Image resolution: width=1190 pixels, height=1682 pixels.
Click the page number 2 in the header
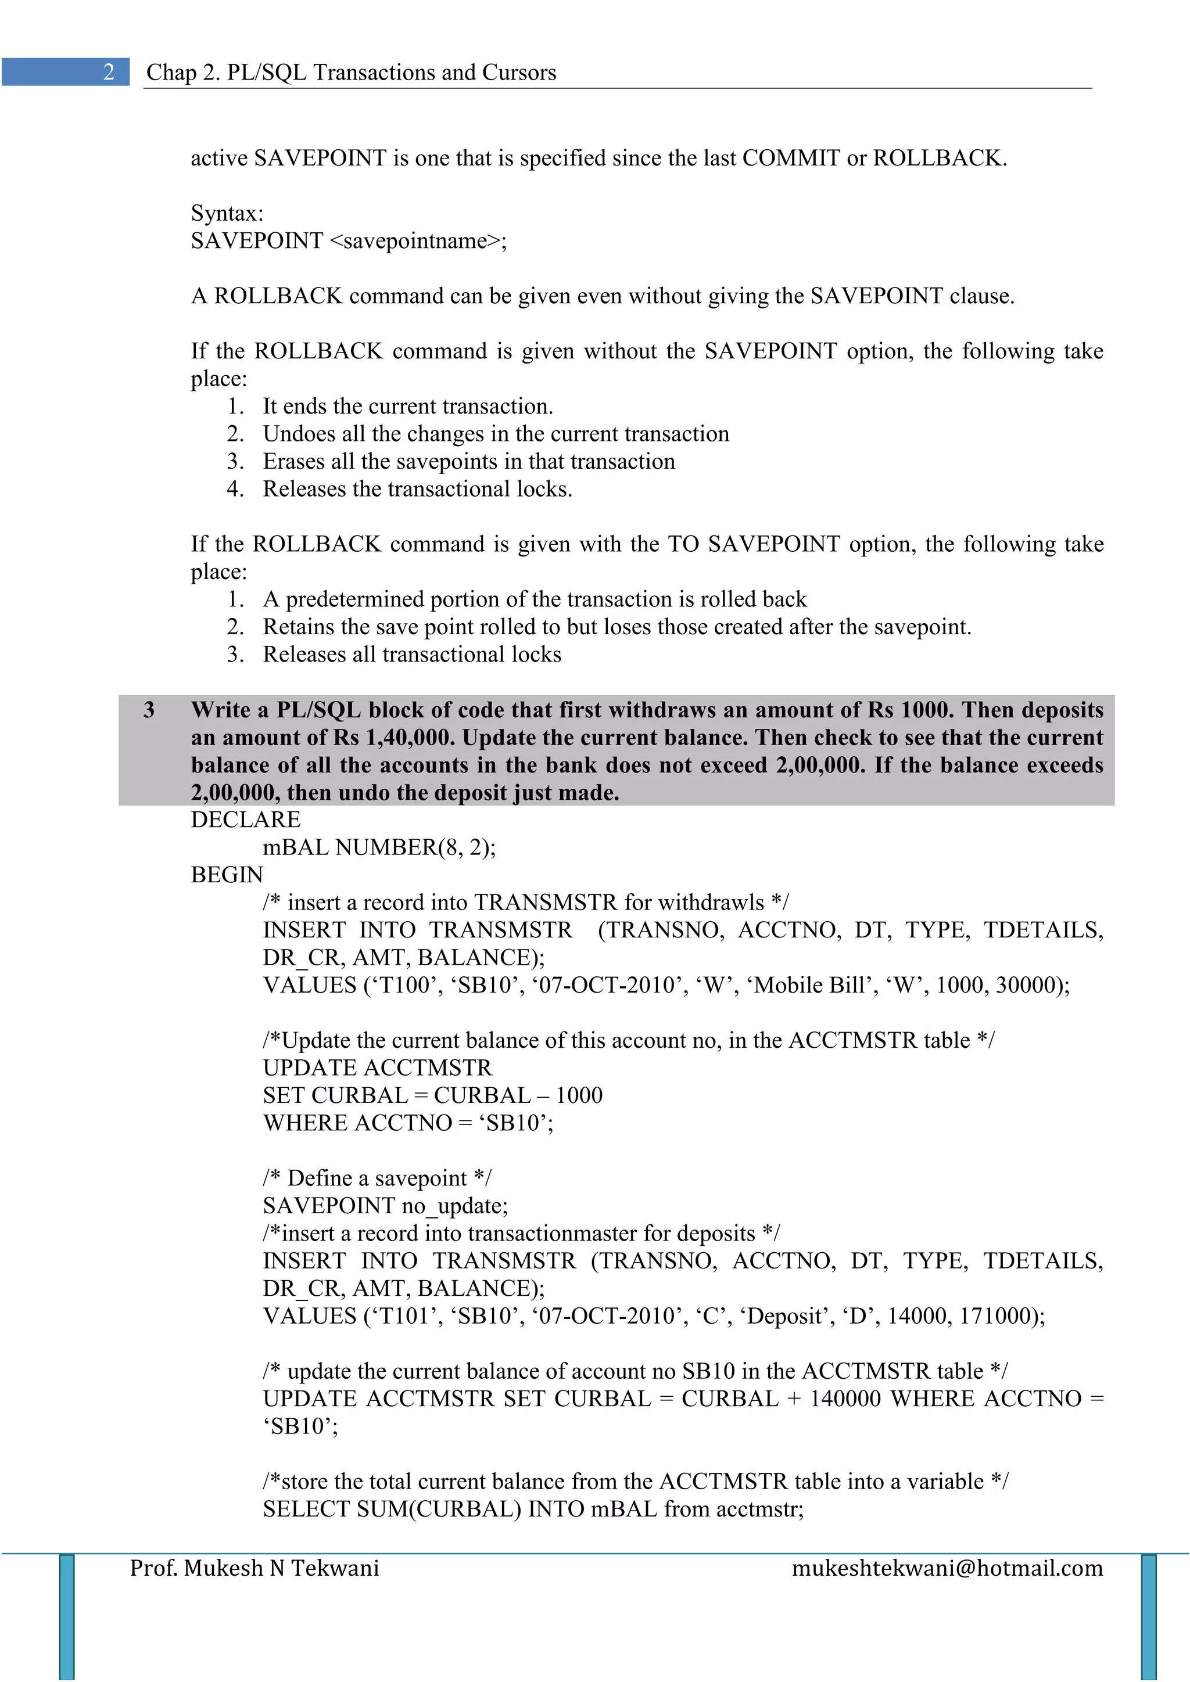coord(109,72)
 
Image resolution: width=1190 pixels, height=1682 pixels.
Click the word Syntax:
coord(227,213)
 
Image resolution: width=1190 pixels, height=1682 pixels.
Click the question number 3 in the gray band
coord(149,709)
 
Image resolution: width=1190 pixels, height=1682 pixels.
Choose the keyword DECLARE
coord(245,820)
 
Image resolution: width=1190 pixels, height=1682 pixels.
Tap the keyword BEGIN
coord(227,875)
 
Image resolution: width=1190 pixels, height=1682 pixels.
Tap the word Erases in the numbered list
coord(294,462)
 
